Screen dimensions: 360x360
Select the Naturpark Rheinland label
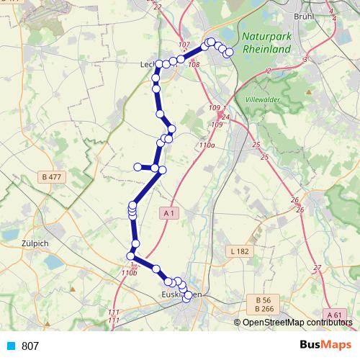tap(266, 43)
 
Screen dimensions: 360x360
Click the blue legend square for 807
tap(10, 346)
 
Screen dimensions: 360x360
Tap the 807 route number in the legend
tap(30, 346)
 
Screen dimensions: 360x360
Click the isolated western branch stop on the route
tap(137, 167)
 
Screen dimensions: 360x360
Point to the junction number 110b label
tap(129, 273)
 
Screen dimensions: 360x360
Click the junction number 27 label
tap(317, 268)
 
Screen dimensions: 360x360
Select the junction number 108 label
tap(193, 65)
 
